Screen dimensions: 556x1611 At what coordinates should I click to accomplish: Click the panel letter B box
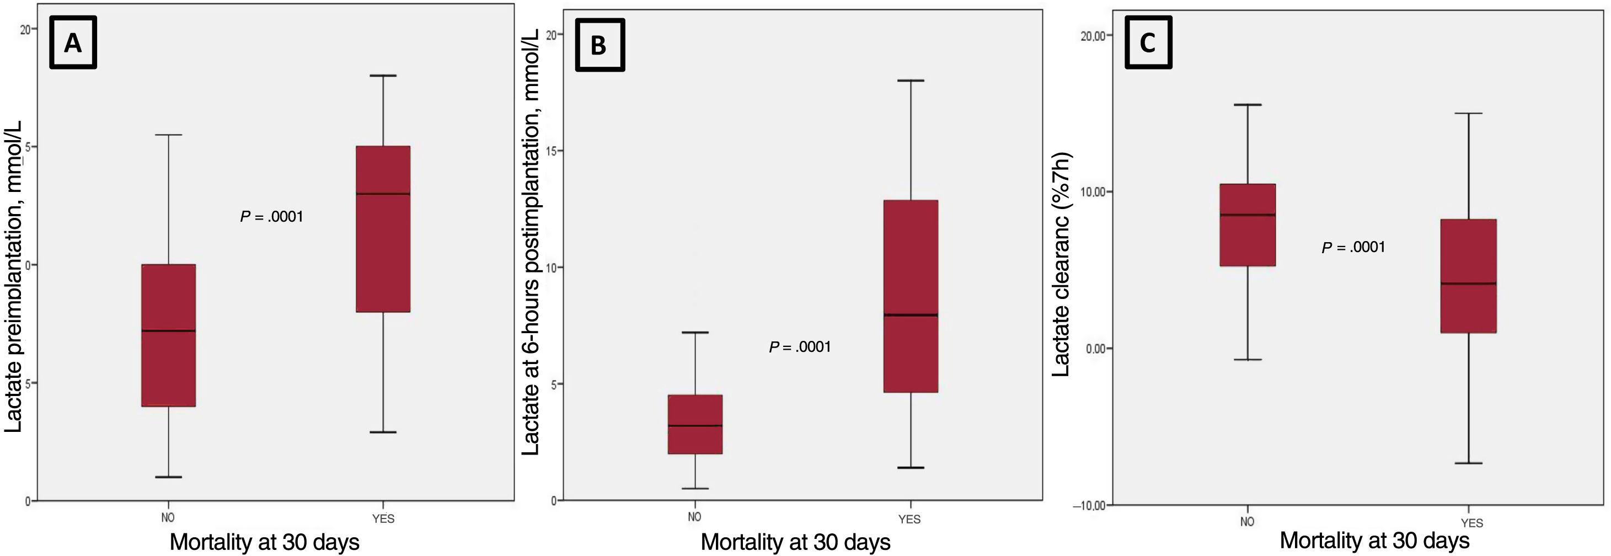point(599,45)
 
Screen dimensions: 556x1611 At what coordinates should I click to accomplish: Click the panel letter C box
point(1148,42)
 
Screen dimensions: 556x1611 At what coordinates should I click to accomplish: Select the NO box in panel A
point(168,335)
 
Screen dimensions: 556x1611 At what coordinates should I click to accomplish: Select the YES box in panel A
point(383,229)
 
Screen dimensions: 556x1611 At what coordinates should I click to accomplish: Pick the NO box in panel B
point(695,424)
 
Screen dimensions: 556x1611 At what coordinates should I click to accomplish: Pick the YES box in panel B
point(910,296)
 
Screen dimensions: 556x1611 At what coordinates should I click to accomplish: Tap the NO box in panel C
point(1248,224)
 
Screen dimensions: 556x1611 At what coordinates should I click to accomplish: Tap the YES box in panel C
point(1468,276)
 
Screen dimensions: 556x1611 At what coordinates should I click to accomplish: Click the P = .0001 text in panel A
point(271,217)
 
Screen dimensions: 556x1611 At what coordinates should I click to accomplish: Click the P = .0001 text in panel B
point(800,347)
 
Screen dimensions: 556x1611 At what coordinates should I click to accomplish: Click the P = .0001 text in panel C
point(1353,248)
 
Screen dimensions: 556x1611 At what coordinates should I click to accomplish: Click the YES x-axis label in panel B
point(909,519)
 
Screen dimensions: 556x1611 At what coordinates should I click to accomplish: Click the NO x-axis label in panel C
point(1247,522)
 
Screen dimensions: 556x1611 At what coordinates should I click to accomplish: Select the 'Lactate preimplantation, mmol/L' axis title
point(14,276)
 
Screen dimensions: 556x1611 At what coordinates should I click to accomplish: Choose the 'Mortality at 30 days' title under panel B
point(795,542)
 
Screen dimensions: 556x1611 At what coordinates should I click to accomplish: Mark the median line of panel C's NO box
point(1248,215)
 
